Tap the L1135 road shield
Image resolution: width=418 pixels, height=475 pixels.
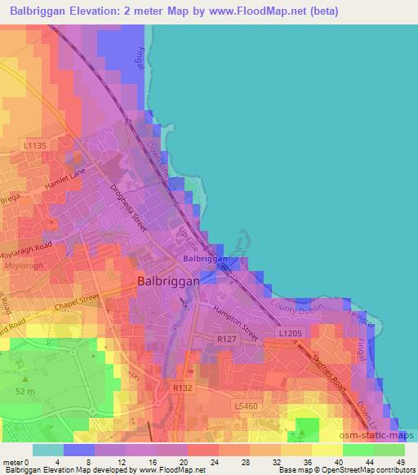click(36, 145)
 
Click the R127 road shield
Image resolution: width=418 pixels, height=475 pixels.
click(225, 337)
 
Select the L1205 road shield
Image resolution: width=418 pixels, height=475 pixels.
click(289, 335)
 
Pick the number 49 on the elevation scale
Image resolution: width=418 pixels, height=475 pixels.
click(400, 461)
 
